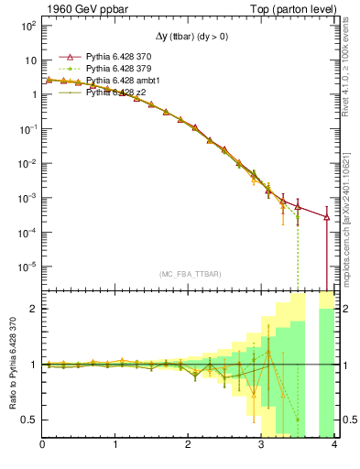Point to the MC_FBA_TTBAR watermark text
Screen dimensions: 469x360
pos(187,273)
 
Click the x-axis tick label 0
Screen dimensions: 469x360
pos(42,445)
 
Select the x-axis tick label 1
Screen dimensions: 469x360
pos(115,445)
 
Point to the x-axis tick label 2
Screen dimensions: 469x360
pos(188,445)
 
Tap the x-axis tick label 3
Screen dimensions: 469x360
pos(261,445)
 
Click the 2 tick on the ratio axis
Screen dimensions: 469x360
pos(35,309)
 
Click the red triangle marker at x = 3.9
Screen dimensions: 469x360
pos(327,217)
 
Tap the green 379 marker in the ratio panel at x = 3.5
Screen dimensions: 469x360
pos(298,420)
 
